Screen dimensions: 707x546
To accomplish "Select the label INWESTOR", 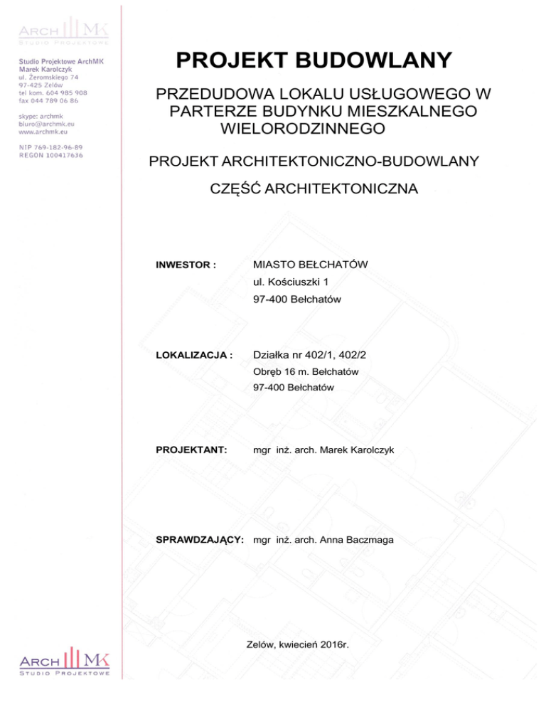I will click(x=186, y=265).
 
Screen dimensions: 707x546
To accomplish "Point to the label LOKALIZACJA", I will click(x=194, y=354).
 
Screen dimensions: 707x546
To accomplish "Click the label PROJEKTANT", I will click(x=191, y=450).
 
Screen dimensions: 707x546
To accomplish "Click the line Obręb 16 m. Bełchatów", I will click(x=305, y=371).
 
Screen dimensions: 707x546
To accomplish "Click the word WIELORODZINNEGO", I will click(x=304, y=129).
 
